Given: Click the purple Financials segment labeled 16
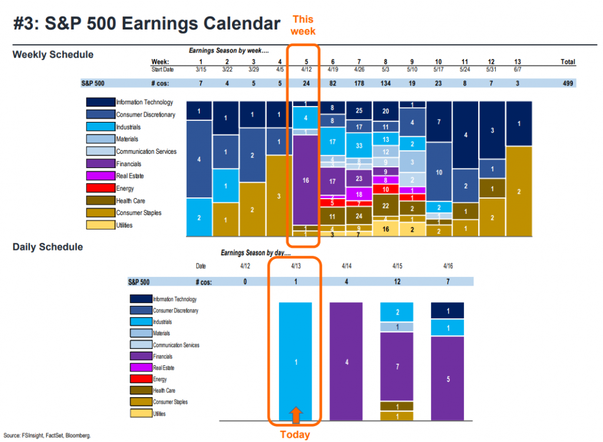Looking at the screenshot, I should click(x=306, y=180).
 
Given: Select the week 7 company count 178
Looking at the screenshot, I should click(x=359, y=83).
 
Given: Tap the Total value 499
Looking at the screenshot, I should click(x=568, y=83).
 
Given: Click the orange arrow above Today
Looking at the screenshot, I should click(x=296, y=415).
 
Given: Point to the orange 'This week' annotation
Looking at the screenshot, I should click(x=303, y=25).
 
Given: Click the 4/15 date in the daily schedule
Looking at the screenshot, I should click(x=397, y=266).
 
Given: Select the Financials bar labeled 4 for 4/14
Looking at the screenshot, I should click(x=347, y=361).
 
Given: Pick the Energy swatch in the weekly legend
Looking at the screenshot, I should click(x=100, y=188).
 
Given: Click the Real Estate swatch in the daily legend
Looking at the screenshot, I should click(x=141, y=368).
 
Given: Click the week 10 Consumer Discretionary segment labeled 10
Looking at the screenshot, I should click(x=438, y=172).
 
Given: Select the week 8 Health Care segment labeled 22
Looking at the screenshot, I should click(x=386, y=206).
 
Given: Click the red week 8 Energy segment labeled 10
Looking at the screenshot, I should click(x=386, y=190).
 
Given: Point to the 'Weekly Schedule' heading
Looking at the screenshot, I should click(x=53, y=55).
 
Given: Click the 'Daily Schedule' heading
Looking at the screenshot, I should click(x=48, y=247).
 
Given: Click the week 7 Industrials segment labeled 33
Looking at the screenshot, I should click(x=359, y=146).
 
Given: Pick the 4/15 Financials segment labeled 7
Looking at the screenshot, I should click(x=397, y=367).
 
